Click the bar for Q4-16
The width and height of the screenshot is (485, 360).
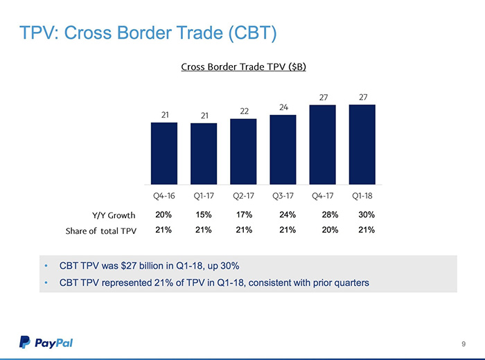(x=164, y=152)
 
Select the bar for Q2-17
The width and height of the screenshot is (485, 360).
(x=243, y=150)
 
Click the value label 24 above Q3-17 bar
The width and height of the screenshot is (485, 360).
(x=283, y=107)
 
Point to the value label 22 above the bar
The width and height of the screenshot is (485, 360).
(x=244, y=111)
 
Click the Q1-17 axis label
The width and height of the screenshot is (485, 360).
(x=204, y=195)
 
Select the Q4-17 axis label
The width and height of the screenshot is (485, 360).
(x=323, y=195)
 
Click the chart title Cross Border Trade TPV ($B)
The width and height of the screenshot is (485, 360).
(x=243, y=67)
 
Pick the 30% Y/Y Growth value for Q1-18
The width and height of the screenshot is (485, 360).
(x=364, y=215)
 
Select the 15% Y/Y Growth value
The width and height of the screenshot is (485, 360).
(x=204, y=215)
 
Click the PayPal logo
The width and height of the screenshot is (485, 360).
(x=46, y=342)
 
